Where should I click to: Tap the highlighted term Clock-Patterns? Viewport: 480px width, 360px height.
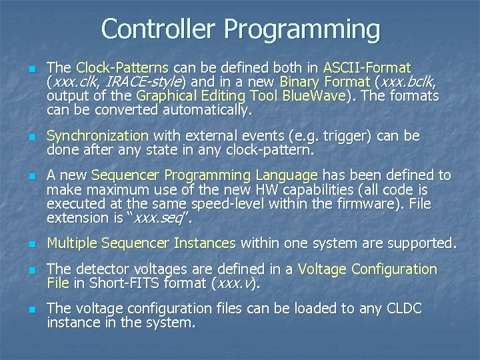(125, 68)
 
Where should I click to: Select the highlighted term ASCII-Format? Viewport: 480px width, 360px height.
(367, 68)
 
